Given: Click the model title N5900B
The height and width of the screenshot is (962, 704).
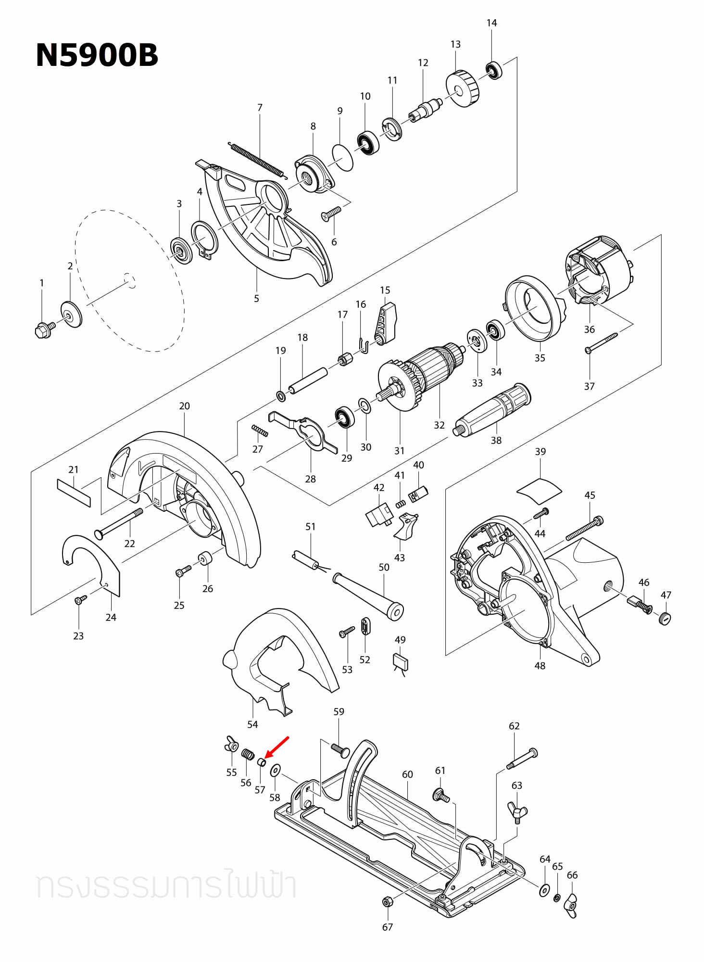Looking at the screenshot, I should [x=97, y=55].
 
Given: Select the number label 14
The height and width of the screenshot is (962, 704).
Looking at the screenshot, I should [x=491, y=23].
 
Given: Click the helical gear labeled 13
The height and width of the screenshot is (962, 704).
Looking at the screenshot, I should [x=463, y=89].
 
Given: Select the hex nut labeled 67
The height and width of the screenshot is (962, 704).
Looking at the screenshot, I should [x=387, y=901].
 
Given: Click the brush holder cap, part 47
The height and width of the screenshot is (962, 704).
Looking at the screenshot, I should [x=665, y=618].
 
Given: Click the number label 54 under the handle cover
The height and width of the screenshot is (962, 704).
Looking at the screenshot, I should [x=252, y=724].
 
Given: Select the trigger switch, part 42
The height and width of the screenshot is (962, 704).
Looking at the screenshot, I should [x=379, y=516].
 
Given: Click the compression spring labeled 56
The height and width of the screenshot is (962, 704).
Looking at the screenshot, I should [x=248, y=754].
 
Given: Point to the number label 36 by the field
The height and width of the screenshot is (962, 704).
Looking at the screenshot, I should [x=589, y=329].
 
